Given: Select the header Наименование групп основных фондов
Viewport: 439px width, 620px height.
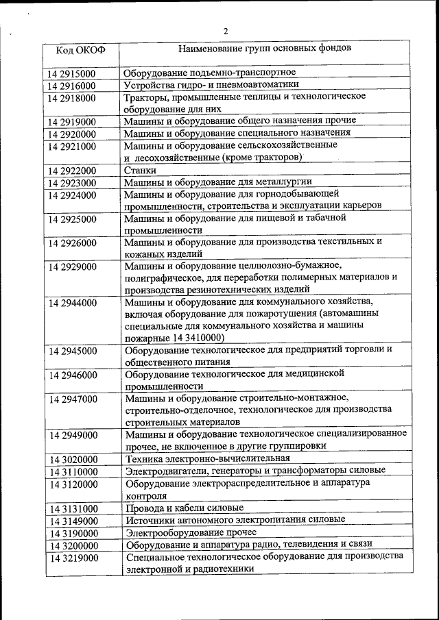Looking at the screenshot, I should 265,49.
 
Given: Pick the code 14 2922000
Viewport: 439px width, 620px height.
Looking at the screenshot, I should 72,171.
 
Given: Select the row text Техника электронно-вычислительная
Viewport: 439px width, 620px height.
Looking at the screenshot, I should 212,459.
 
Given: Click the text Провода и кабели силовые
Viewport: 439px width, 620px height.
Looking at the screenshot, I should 185,508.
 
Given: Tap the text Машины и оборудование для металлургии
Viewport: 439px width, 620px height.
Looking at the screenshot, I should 218,182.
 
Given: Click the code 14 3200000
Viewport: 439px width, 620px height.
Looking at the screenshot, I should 73,545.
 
